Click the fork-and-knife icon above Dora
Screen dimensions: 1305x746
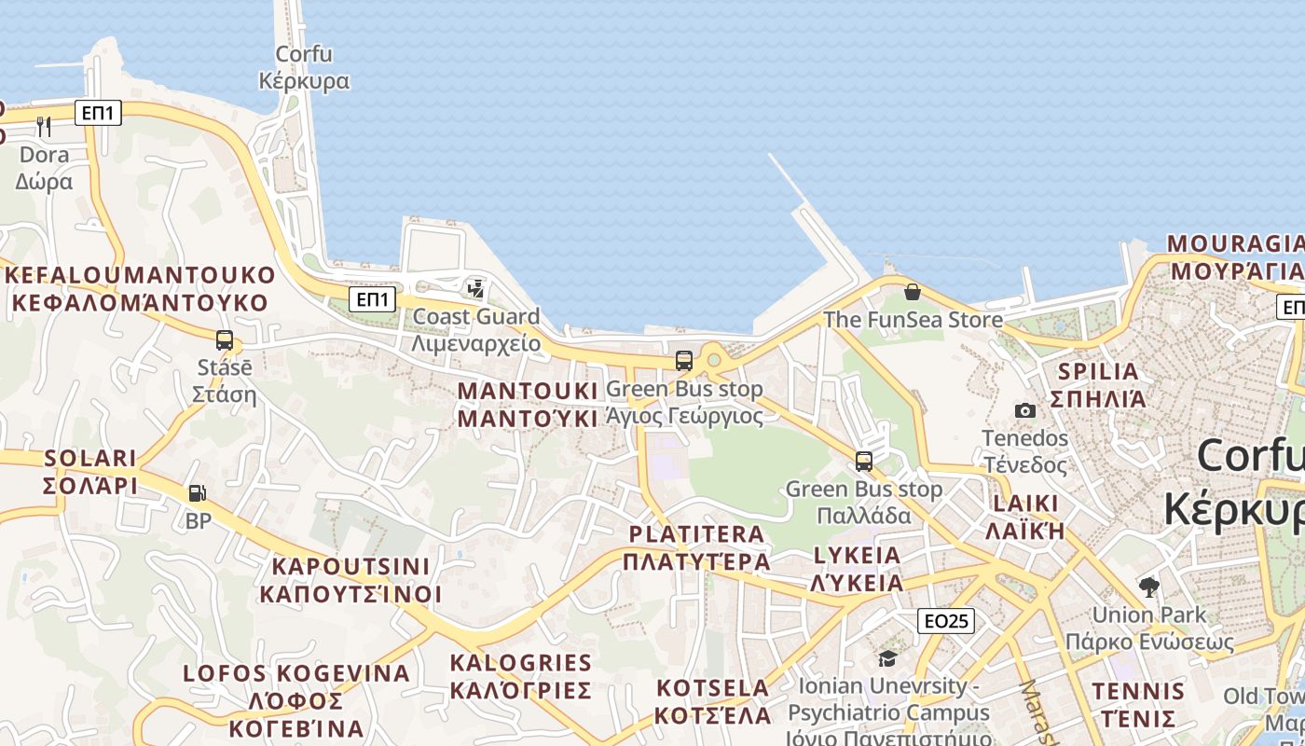pos(44,126)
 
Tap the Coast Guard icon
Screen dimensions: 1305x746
pos(476,288)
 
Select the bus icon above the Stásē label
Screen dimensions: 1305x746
pos(225,340)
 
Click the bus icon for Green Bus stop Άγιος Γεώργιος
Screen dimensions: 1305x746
pos(684,361)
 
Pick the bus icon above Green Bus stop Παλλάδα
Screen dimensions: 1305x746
pos(864,461)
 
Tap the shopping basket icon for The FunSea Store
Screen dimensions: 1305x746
pos(913,292)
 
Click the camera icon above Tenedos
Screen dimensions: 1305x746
pos(1024,410)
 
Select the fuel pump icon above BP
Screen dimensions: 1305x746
pos(197,493)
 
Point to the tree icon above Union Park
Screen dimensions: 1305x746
pos(1148,587)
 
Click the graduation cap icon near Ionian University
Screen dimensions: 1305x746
pos(887,659)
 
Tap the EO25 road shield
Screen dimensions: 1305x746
pos(946,621)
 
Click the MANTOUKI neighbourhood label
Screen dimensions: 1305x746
pos(528,404)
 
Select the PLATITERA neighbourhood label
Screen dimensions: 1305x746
pos(697,547)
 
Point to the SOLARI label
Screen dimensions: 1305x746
pos(90,472)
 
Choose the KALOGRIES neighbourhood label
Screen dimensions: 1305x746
pos(520,676)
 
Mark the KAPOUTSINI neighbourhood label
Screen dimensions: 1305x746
pos(350,580)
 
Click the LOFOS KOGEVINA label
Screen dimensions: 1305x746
pos(295,700)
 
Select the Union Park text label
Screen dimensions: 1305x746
pos(1149,615)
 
